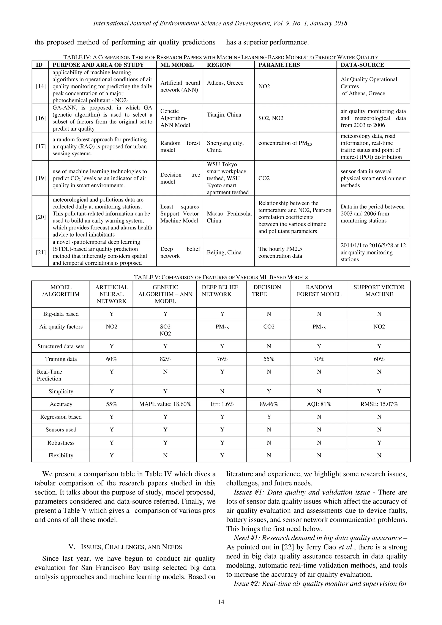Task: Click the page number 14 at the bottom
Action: [221, 602]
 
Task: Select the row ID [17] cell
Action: [41, 147]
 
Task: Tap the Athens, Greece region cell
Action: [225, 83]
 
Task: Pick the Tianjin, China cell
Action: [224, 115]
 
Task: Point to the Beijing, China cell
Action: [224, 252]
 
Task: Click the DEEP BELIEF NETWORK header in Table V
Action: [220, 291]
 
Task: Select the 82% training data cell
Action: [165, 359]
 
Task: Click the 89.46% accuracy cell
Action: [269, 404]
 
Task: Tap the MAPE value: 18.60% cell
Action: [165, 404]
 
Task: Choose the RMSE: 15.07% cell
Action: [379, 404]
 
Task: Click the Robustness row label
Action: [61, 443]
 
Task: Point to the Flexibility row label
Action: [61, 456]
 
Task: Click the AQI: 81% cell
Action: [319, 404]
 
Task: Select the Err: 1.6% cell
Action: [222, 404]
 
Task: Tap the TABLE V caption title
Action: [221, 277]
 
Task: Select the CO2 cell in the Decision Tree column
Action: [269, 327]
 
